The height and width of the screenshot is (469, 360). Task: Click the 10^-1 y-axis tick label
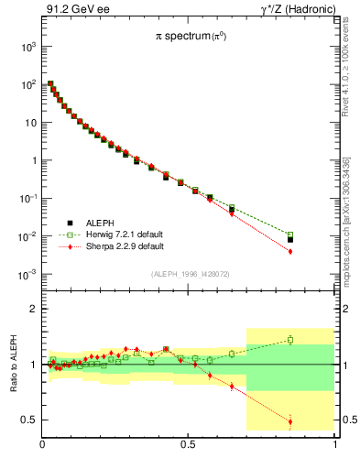27,199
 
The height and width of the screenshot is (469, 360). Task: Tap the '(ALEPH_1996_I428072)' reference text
190,274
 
